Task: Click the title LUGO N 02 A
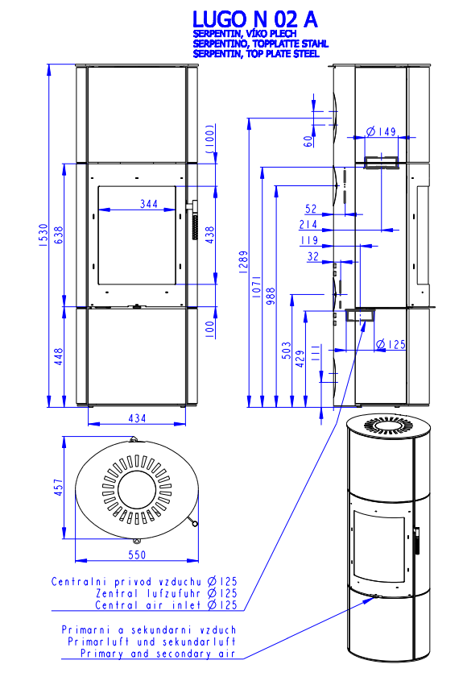[x=254, y=19]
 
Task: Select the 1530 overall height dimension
[x=43, y=235]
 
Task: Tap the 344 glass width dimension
[x=149, y=203]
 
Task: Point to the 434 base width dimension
[x=137, y=417]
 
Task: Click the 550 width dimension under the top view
[x=137, y=554]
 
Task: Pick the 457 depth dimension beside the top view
[x=58, y=488]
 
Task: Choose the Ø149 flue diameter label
[x=382, y=131]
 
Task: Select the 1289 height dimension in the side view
[x=243, y=262]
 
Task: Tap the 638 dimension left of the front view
[x=59, y=235]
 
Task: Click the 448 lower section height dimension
[x=59, y=356]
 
